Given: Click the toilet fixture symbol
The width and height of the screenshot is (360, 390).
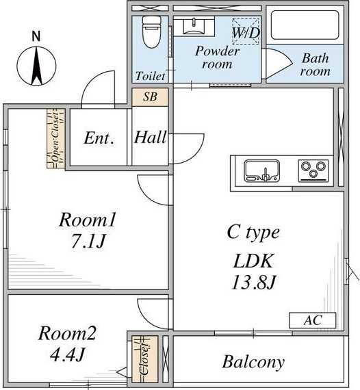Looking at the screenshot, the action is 151,32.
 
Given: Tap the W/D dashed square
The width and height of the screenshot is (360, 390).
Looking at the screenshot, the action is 246,31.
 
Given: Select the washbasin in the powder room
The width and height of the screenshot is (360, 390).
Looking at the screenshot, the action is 194,26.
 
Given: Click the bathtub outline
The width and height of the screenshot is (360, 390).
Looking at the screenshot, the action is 305,25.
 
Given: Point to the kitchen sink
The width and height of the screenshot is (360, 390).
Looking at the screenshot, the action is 262,170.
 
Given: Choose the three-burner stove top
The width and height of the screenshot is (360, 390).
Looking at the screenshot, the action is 313,170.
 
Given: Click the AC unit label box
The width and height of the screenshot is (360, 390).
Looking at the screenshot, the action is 313,320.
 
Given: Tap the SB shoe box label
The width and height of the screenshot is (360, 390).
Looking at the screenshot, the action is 150,96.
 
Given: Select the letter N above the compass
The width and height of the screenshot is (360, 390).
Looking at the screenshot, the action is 36,36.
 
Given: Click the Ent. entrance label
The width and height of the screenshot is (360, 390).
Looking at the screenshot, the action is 99,138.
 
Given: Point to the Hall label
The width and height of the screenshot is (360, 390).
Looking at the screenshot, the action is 150,137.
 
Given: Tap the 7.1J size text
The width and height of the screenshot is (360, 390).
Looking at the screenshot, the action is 88,241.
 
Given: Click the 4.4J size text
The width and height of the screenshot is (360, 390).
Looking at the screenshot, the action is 68,354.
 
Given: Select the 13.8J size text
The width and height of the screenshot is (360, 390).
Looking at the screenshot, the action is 253,283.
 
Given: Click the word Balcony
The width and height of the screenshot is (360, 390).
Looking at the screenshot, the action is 253,362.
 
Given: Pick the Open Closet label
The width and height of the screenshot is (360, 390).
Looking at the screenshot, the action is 55,138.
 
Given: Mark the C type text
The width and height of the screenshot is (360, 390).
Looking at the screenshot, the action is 253,233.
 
